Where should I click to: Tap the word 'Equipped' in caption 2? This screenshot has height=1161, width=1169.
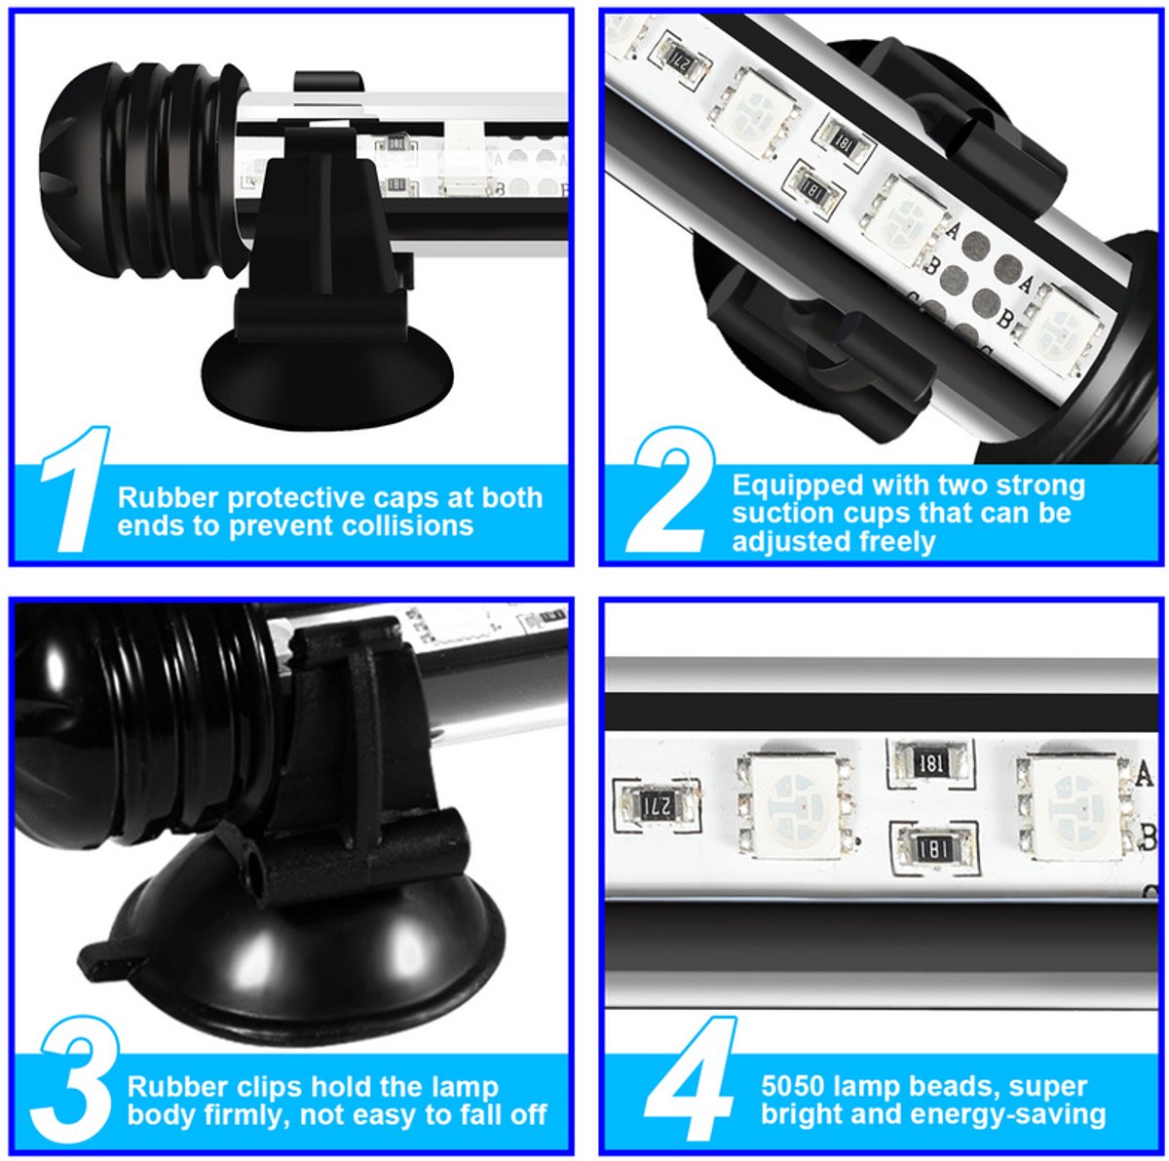click(x=795, y=486)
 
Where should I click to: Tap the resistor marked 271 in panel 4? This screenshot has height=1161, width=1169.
click(x=657, y=805)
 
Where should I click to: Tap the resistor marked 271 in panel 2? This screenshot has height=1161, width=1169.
click(x=683, y=58)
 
